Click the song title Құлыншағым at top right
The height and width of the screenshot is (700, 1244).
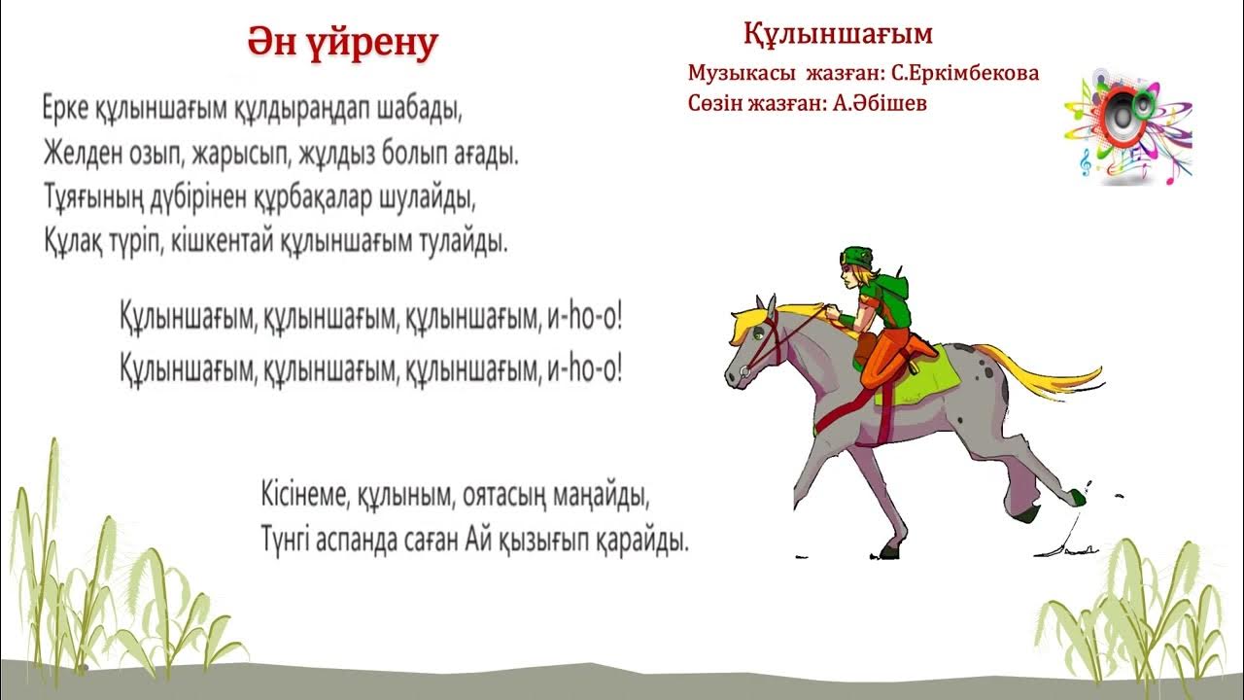838,34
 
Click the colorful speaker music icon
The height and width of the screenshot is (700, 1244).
1127,126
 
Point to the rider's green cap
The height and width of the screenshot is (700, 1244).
858,256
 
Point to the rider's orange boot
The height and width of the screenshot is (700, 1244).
918,346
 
